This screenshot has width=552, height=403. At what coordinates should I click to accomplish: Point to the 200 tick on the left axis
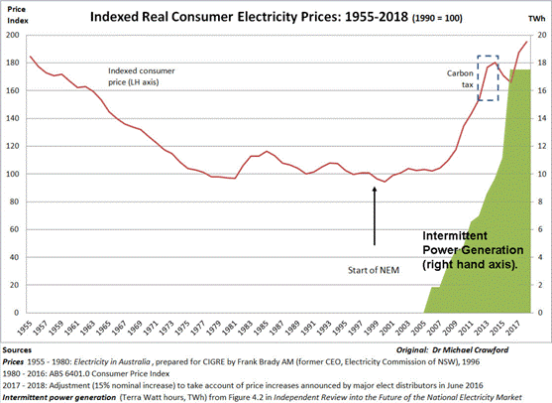pos(12,35)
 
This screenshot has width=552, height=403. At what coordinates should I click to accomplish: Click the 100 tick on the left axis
pos(12,174)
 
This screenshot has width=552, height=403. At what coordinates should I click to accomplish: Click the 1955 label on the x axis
pos(32,329)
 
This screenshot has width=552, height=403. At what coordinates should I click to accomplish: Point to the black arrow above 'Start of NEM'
pos(375,213)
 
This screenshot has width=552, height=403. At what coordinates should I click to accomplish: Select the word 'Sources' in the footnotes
pos(20,351)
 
